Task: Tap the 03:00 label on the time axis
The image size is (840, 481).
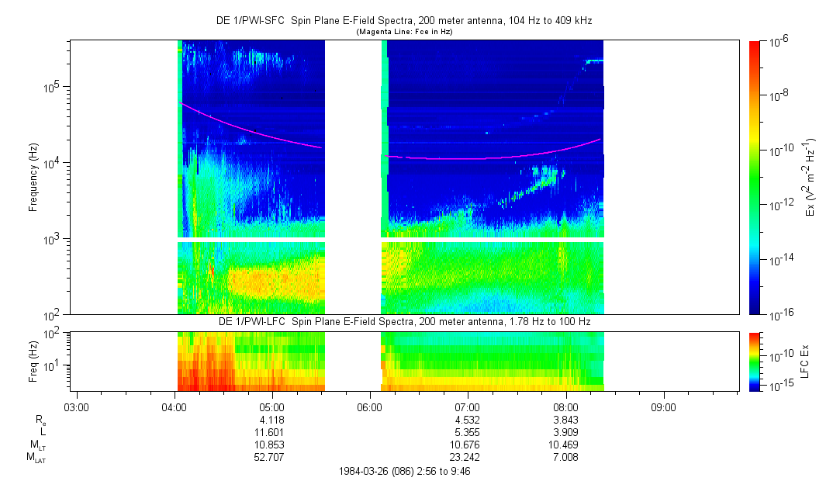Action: coord(76,407)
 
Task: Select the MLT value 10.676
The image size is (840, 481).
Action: coord(468,445)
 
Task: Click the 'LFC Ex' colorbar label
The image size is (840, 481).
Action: coord(807,361)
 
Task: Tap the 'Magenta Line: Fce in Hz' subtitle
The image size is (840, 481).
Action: coord(404,32)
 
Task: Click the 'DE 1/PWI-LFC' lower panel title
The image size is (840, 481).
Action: coord(251,321)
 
